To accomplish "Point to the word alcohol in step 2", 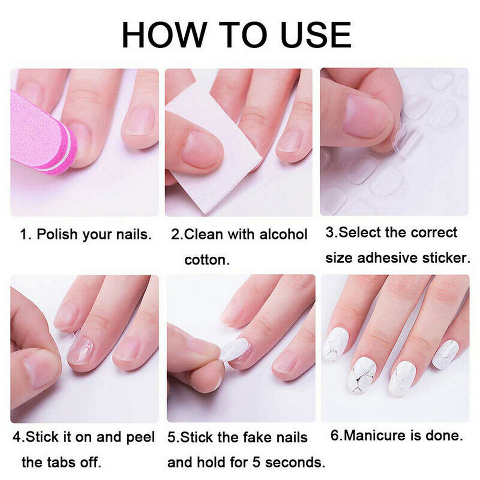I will point(283,234).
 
